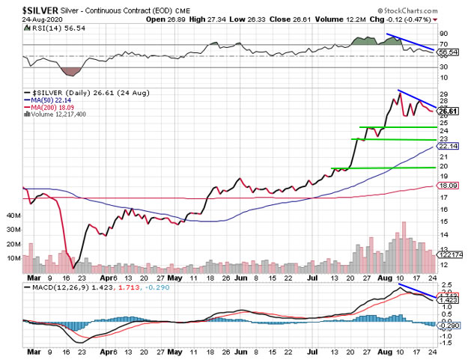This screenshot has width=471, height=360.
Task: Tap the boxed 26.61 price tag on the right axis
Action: tap(449, 110)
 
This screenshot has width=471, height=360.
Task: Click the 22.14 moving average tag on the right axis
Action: tap(449, 146)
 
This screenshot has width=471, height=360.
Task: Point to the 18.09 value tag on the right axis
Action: tap(449, 185)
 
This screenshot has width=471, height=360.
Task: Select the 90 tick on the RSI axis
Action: tap(445, 34)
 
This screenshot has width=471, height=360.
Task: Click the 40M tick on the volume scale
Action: tap(13, 216)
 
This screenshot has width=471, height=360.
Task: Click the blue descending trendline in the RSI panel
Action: tap(410, 43)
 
